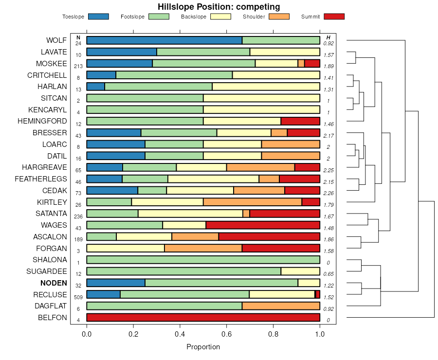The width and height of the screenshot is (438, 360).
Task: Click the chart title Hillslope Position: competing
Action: click(x=219, y=7)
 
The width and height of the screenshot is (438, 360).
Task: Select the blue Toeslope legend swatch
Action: click(x=98, y=17)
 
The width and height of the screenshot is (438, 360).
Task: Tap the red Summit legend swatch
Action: click(x=334, y=17)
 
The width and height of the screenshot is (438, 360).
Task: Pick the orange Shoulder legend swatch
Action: click(x=279, y=17)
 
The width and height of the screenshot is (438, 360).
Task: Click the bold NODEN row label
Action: click(x=54, y=283)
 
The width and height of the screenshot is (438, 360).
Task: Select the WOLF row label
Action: click(x=56, y=40)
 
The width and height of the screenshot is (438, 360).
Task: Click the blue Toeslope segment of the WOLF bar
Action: click(x=164, y=40)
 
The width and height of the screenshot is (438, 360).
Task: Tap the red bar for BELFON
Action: click(x=203, y=318)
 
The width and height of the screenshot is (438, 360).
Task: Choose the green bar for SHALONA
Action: click(x=203, y=260)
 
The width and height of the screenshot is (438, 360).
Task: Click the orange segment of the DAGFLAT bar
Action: click(x=281, y=306)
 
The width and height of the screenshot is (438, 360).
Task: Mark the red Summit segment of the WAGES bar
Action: click(x=263, y=225)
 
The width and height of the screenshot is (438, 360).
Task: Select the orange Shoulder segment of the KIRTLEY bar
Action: click(x=253, y=202)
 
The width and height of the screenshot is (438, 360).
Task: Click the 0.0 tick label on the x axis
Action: click(x=87, y=335)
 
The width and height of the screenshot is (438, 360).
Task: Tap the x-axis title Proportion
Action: click(x=203, y=347)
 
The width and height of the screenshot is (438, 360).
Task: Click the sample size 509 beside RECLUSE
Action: click(x=78, y=297)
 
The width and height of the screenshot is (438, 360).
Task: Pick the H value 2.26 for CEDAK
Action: click(x=328, y=193)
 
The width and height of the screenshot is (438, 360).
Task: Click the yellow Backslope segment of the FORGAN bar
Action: click(x=126, y=248)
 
